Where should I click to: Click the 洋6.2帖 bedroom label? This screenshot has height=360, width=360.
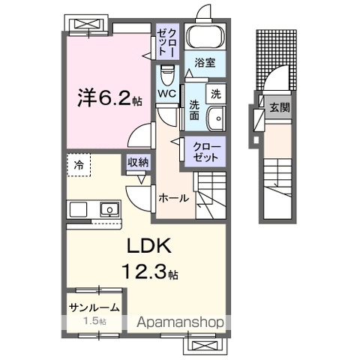(x=106, y=98)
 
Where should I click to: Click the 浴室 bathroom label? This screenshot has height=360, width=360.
(x=205, y=63)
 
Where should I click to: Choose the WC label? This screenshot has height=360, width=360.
(x=166, y=94)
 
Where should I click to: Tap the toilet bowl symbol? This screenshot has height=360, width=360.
(x=168, y=76)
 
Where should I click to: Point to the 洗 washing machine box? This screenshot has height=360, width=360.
(x=216, y=94)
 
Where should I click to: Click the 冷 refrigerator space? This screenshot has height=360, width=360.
(x=79, y=163)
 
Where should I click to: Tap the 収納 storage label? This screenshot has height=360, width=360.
(x=136, y=162)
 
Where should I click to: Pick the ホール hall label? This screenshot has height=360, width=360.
(x=173, y=198)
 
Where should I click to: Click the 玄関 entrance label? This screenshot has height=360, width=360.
(x=280, y=106)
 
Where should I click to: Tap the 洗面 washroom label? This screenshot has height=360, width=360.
(x=194, y=111)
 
